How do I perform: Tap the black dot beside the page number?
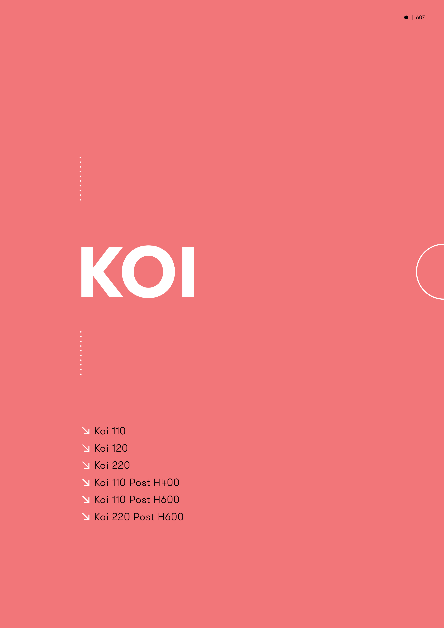[x=406, y=17]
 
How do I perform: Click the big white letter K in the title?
[x=102, y=272]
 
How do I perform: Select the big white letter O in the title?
[x=148, y=272]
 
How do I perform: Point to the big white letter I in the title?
[x=188, y=272]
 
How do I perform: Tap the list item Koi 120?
[x=111, y=448]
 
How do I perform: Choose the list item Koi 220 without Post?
[x=112, y=465]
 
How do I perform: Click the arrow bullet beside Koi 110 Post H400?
[x=86, y=483]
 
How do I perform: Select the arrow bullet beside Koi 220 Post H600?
[x=86, y=517]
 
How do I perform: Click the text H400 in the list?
[x=166, y=483]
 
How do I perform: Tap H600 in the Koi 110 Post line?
[x=166, y=499]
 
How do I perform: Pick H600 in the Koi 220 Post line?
[x=171, y=517]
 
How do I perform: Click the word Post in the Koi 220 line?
[x=144, y=517]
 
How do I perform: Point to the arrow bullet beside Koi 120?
[x=86, y=448]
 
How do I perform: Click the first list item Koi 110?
[x=110, y=431]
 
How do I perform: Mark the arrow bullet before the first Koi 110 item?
[x=86, y=431]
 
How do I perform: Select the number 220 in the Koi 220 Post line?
[x=121, y=517]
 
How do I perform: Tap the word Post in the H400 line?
[x=140, y=483]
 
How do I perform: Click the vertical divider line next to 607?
[x=412, y=17]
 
